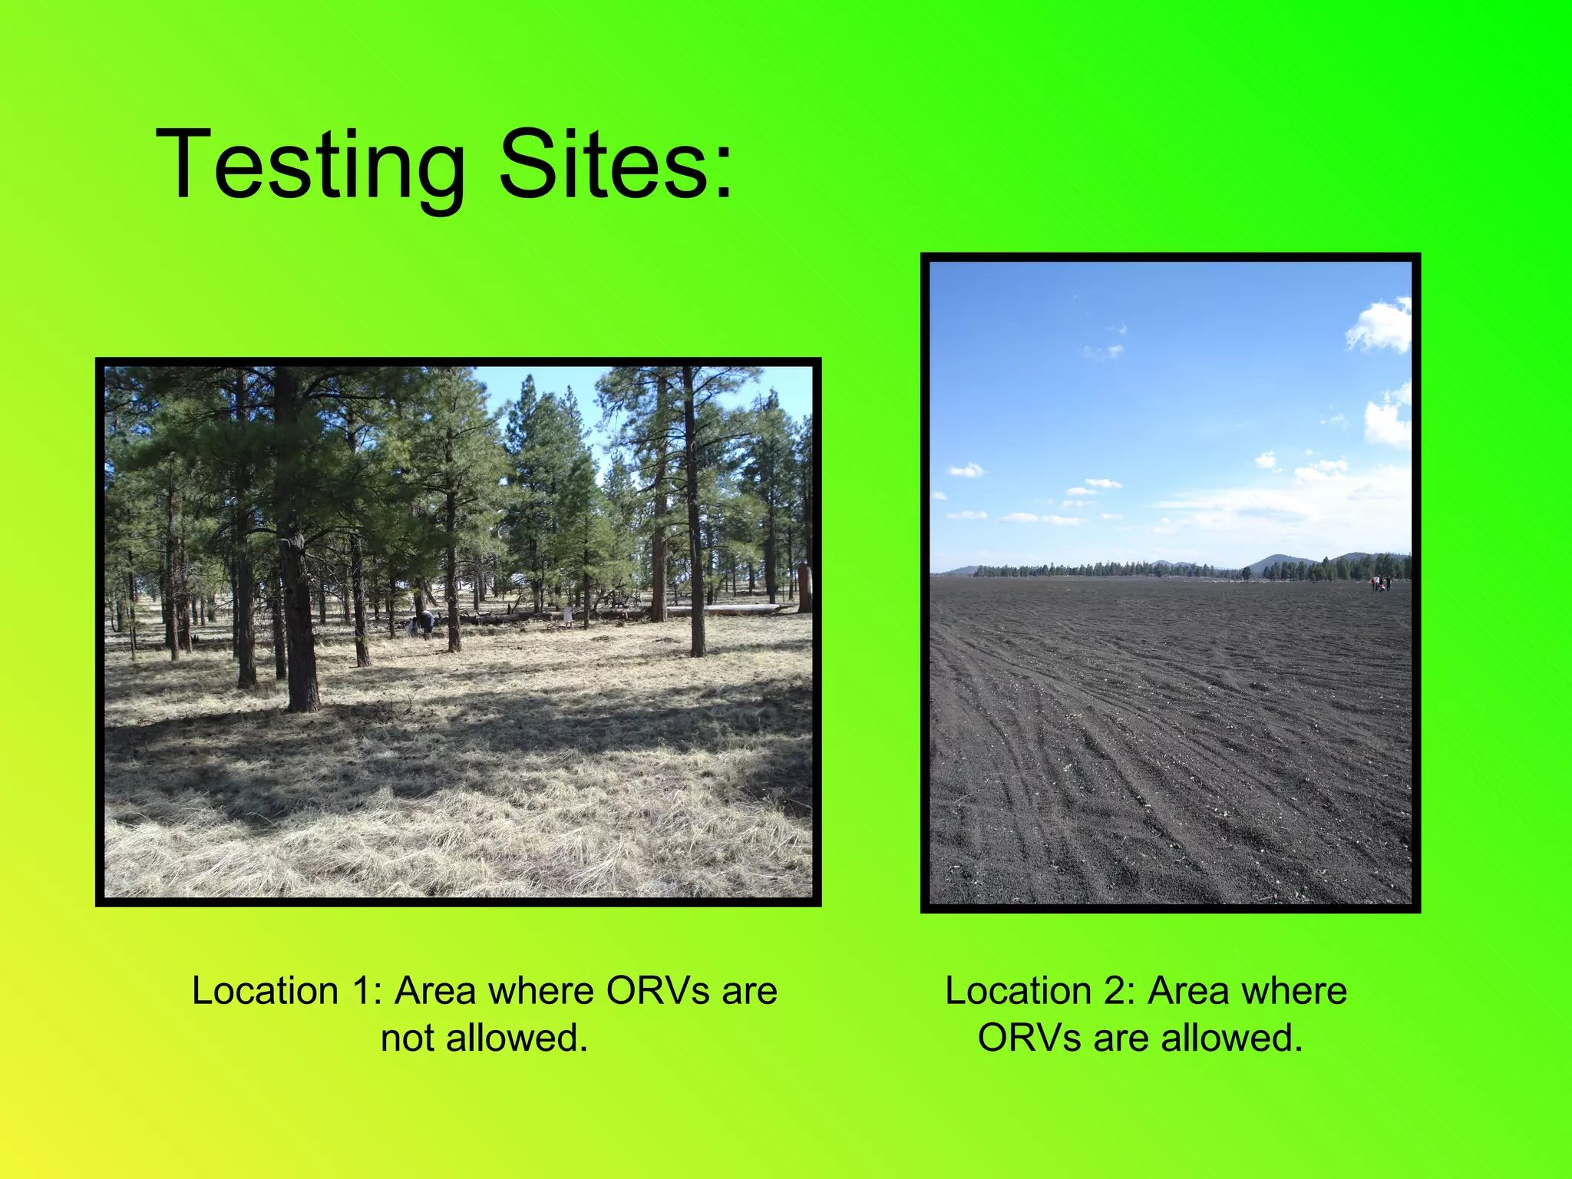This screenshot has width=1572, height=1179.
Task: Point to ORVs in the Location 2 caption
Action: point(1030,1039)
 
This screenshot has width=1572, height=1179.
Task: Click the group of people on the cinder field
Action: point(1381,584)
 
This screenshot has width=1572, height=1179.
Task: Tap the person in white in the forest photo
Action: point(567,615)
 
